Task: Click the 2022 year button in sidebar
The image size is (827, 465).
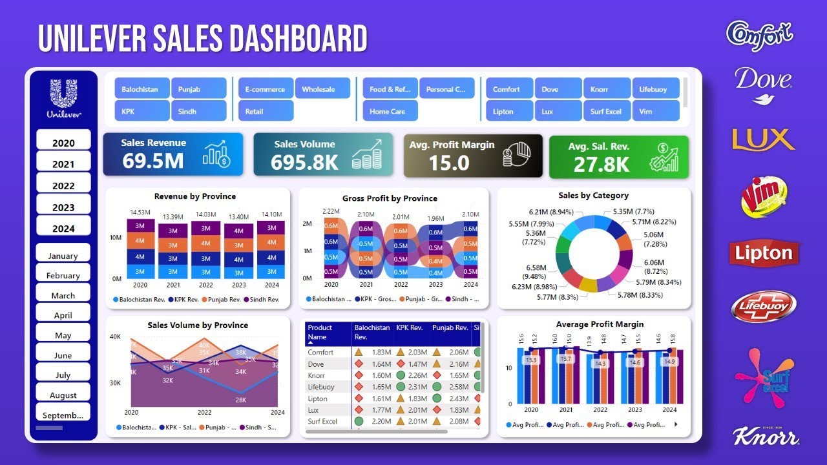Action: tap(63, 185)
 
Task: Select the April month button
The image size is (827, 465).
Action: tap(63, 315)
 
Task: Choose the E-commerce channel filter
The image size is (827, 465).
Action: tap(265, 89)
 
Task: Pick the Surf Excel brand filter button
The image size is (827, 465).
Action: tap(606, 111)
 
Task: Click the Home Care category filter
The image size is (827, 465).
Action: tap(388, 111)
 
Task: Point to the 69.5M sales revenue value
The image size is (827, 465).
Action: tap(153, 161)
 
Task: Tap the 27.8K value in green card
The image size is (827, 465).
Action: tap(601, 164)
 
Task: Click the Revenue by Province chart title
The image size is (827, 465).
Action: tap(195, 196)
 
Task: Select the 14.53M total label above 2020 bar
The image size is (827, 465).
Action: tap(140, 212)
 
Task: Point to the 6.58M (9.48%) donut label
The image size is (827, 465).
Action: tap(536, 272)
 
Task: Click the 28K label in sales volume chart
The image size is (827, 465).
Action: tap(240, 400)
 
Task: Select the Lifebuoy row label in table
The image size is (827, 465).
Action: tap(321, 387)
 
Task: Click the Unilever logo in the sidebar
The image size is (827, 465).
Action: tap(63, 99)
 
